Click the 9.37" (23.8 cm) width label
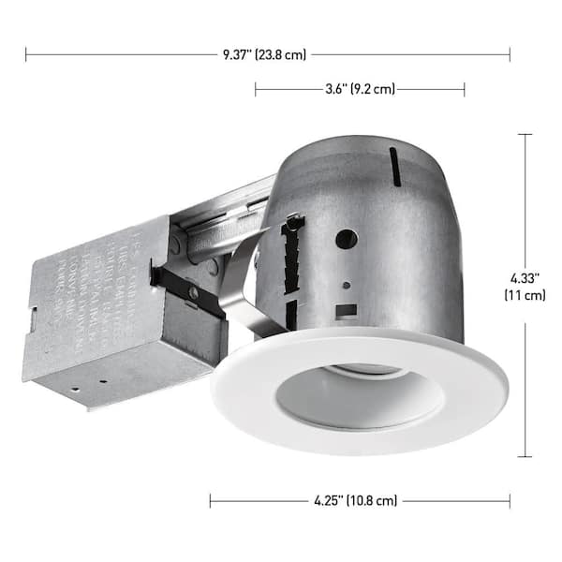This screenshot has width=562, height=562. [x=264, y=54]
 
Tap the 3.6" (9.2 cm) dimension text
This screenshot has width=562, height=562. [x=360, y=89]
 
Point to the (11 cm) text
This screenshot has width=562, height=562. [x=525, y=296]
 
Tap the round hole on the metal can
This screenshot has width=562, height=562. [x=344, y=239]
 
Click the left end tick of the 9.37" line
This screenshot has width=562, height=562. [x=26, y=54]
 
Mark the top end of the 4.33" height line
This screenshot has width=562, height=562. [x=525, y=134]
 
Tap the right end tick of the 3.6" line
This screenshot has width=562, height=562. [x=465, y=89]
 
